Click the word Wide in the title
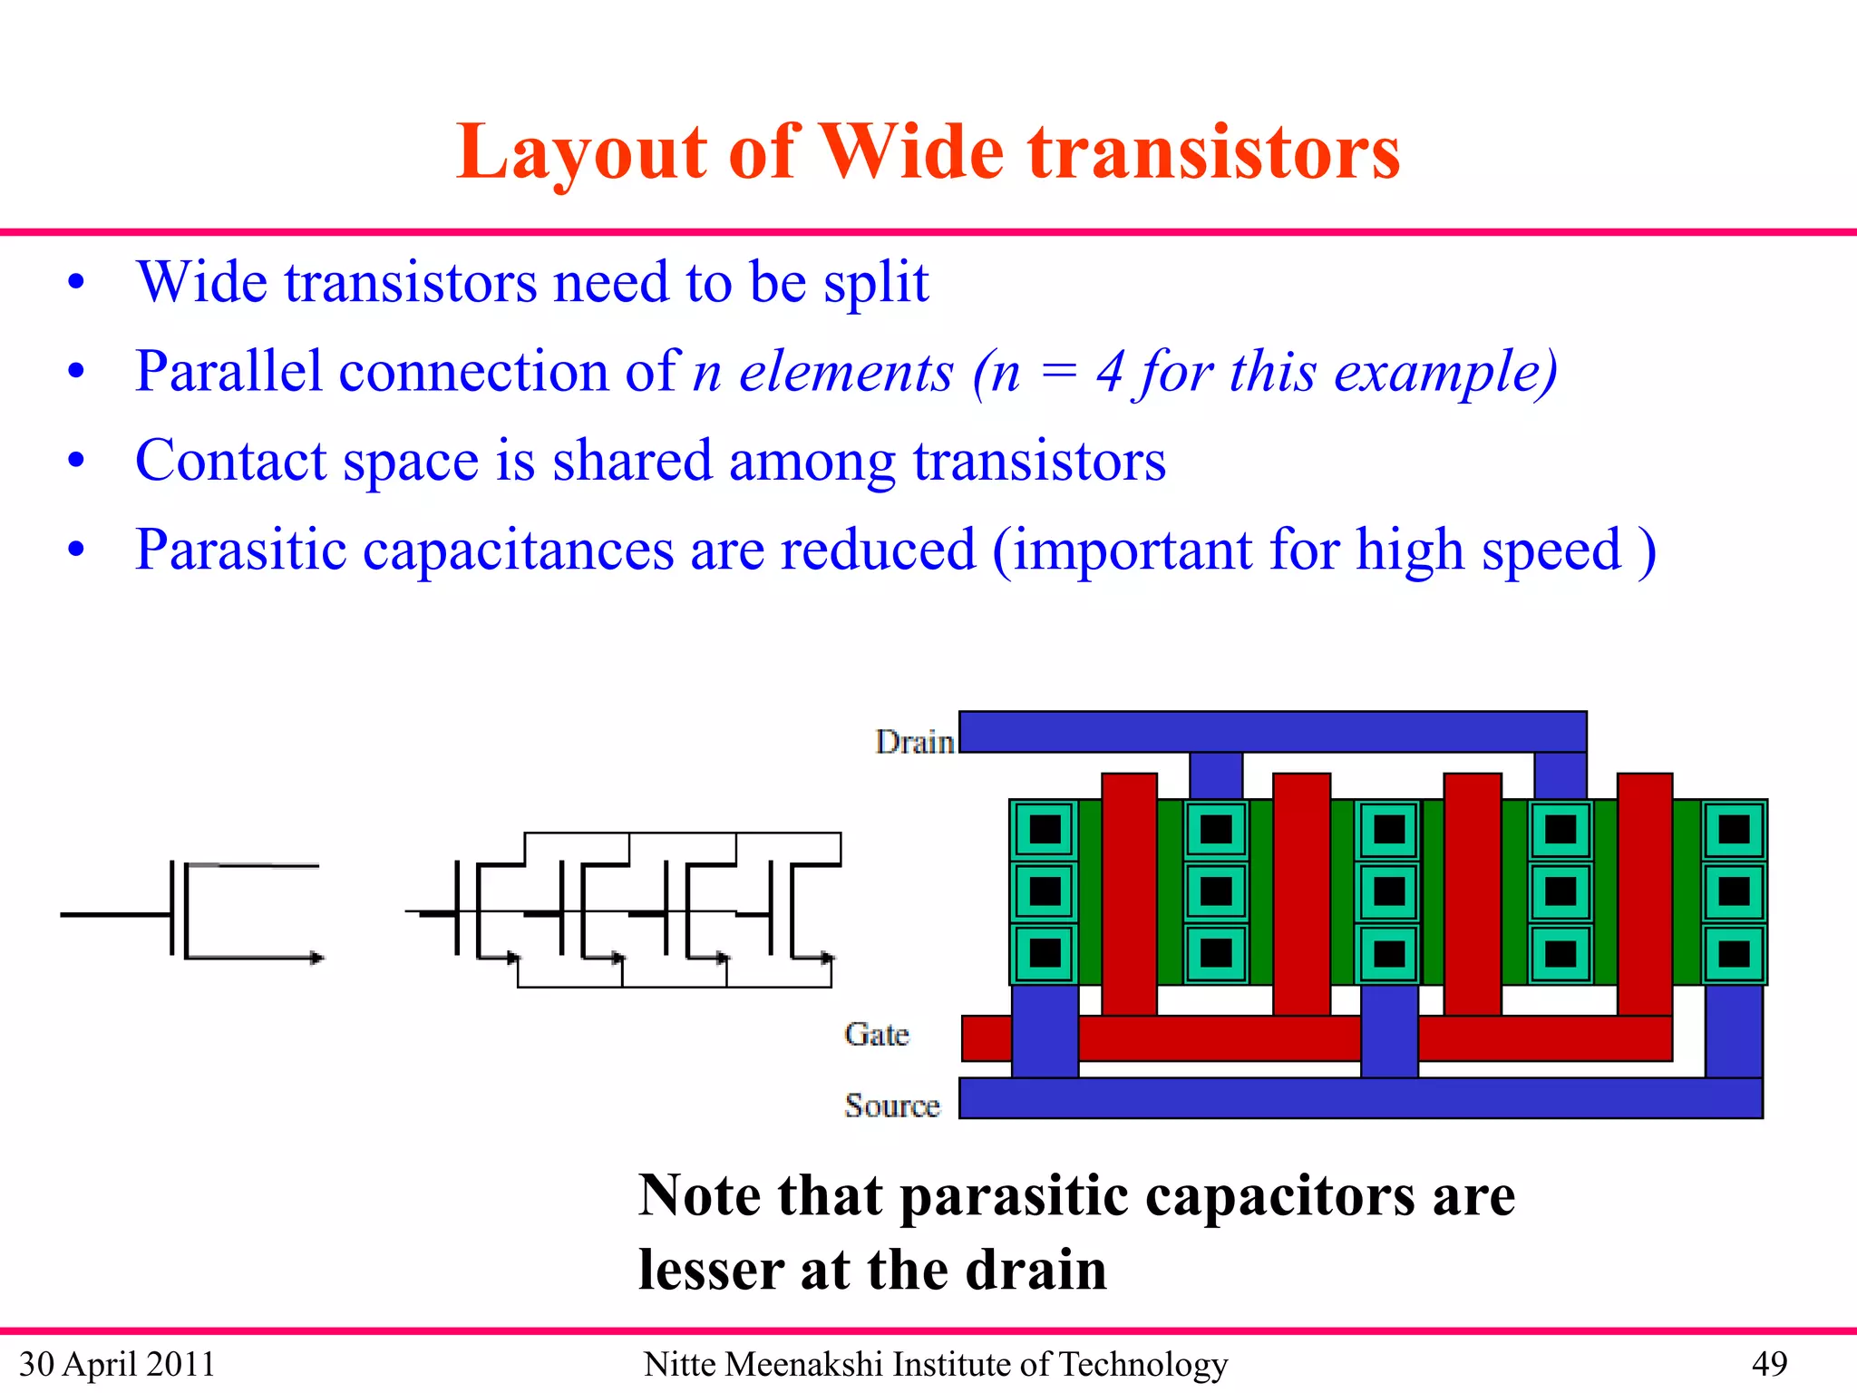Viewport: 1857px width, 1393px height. pos(912,151)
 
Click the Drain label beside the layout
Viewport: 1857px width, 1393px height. pos(914,742)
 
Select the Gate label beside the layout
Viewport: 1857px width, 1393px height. pos(876,1034)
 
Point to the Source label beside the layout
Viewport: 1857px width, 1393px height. pos(892,1106)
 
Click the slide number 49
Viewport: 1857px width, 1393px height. pos(1769,1364)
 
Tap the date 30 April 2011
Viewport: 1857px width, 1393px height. pos(117,1364)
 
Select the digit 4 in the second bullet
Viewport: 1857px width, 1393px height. pos(1110,372)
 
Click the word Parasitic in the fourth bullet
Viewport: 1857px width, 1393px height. pos(240,550)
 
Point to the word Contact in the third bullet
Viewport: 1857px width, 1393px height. pos(230,461)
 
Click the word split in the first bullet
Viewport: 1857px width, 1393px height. pos(876,283)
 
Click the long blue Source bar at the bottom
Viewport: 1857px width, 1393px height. pos(1360,1098)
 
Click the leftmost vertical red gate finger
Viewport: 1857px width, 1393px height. pos(1129,893)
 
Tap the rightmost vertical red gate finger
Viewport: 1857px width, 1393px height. pos(1644,893)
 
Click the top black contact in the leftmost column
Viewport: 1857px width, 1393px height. pos(1045,829)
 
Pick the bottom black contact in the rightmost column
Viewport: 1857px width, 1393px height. pos(1734,953)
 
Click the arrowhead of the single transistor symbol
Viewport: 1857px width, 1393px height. pos(316,958)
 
